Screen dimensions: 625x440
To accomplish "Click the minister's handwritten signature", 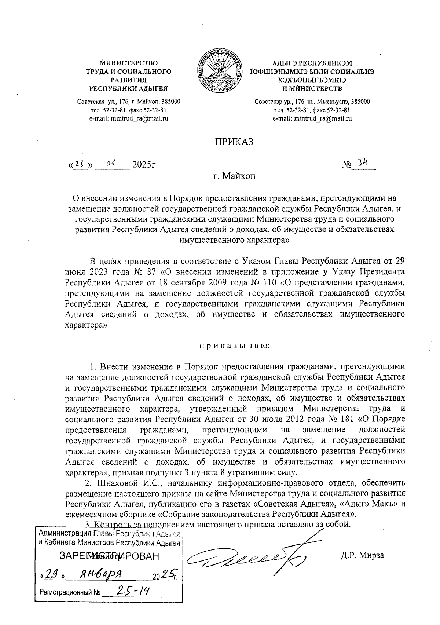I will tap(249, 560).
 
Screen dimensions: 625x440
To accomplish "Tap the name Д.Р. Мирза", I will tap(362, 555).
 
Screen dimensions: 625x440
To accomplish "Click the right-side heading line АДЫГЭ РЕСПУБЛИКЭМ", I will tap(312, 63).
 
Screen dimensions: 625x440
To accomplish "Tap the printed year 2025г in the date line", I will tap(144, 164).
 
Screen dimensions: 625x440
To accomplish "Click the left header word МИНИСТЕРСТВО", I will tap(129, 63).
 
